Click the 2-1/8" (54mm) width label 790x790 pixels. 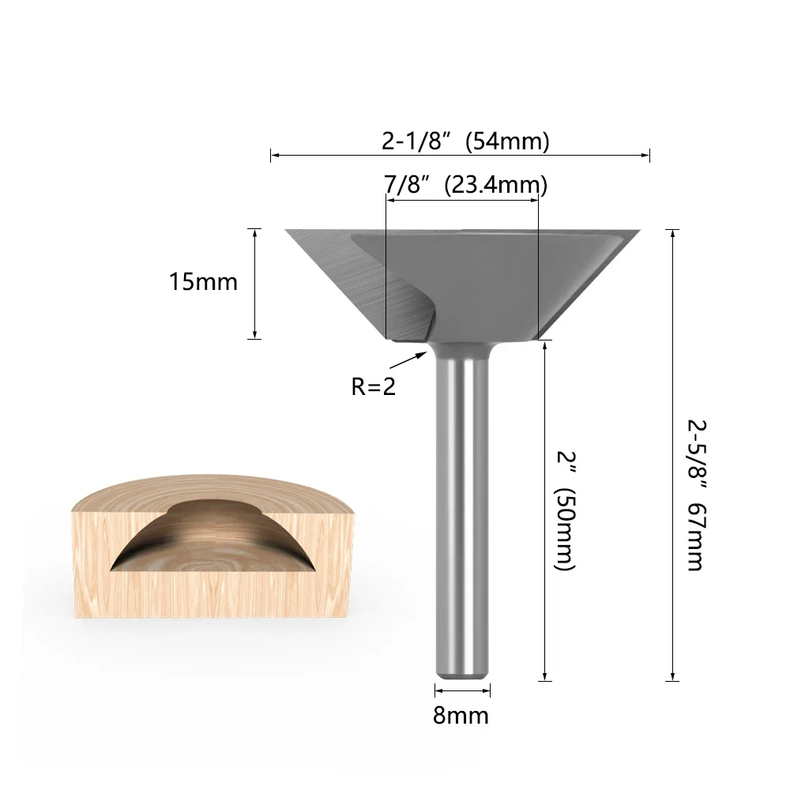pos(465,141)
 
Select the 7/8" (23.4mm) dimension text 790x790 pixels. pos(465,185)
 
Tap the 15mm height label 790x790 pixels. pos(203,282)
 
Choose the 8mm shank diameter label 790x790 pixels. pos(461,716)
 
